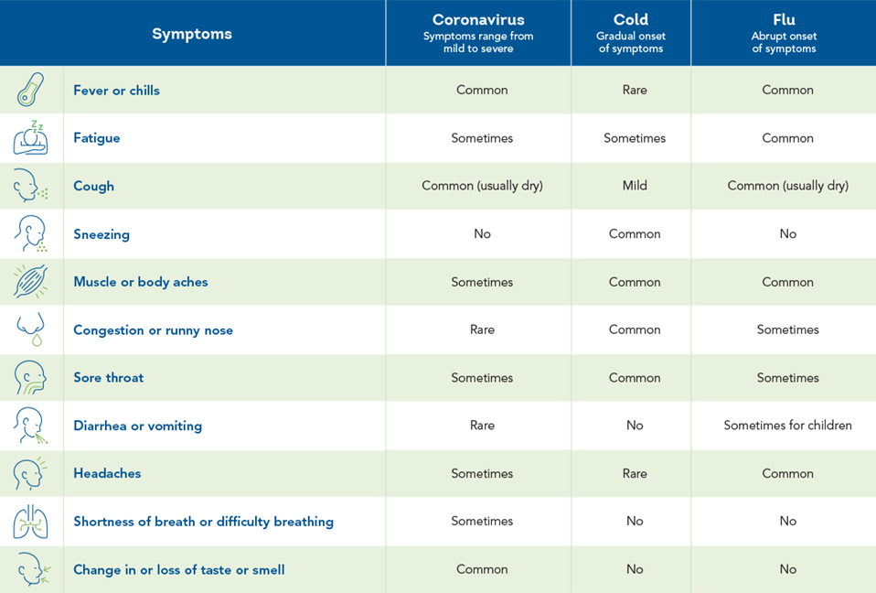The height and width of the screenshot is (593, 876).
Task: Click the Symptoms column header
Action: click(x=192, y=34)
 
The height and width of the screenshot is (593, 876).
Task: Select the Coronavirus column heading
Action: click(x=478, y=20)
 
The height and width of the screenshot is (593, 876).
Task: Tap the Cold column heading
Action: click(x=631, y=20)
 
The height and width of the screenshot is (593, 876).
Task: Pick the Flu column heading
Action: click(x=784, y=20)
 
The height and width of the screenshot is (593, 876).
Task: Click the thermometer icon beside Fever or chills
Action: click(x=31, y=90)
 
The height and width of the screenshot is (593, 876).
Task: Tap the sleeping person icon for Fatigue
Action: click(x=31, y=138)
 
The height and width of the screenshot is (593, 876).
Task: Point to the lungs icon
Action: click(x=31, y=522)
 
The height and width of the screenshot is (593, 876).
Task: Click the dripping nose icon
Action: click(x=31, y=330)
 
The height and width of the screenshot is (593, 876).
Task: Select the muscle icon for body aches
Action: click(x=31, y=282)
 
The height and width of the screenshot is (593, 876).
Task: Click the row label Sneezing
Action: click(x=101, y=234)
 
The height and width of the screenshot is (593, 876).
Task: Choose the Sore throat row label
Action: click(x=109, y=378)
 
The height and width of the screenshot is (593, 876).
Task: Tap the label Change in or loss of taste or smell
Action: click(x=179, y=569)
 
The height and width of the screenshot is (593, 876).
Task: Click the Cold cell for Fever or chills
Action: click(x=635, y=90)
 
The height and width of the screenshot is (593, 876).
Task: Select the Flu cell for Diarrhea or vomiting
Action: click(x=787, y=426)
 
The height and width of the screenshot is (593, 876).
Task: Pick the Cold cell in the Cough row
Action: click(x=635, y=186)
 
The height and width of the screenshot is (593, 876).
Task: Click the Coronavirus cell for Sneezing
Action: click(x=482, y=234)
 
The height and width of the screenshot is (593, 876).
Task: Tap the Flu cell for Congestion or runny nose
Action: click(x=787, y=329)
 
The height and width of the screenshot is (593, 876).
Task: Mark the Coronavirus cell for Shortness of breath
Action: click(x=482, y=522)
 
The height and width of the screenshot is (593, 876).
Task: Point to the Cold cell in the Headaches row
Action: click(x=635, y=473)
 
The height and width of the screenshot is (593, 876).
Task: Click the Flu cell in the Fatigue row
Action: click(x=787, y=138)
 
